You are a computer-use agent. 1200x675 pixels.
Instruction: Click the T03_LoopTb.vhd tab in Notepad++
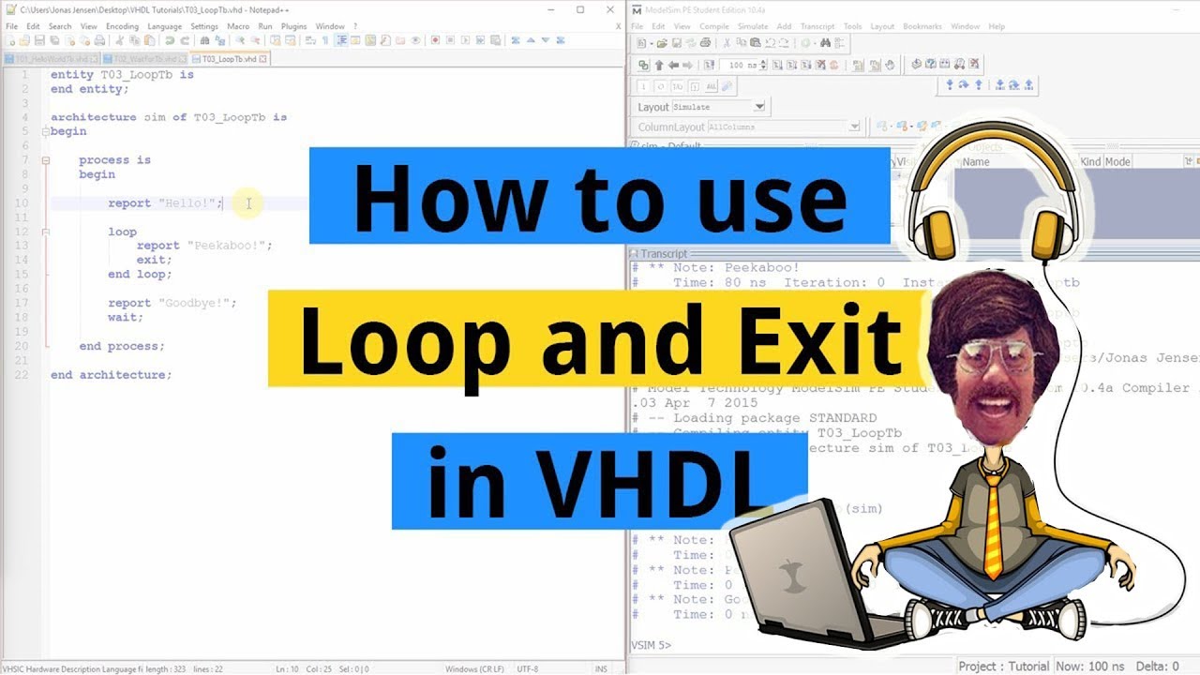pyautogui.click(x=231, y=58)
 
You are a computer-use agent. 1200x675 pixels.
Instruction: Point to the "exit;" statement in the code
pyautogui.click(x=154, y=260)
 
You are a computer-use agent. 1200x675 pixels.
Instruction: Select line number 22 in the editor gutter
pyautogui.click(x=24, y=374)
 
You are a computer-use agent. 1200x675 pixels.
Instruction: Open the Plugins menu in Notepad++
pyautogui.click(x=293, y=26)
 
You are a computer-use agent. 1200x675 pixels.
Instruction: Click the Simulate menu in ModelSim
pyautogui.click(x=752, y=26)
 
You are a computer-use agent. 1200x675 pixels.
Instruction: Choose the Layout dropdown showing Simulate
pyautogui.click(x=718, y=107)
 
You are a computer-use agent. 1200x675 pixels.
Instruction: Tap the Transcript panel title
pyautogui.click(x=664, y=254)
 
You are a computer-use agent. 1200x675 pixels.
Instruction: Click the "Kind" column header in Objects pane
pyautogui.click(x=1090, y=161)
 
